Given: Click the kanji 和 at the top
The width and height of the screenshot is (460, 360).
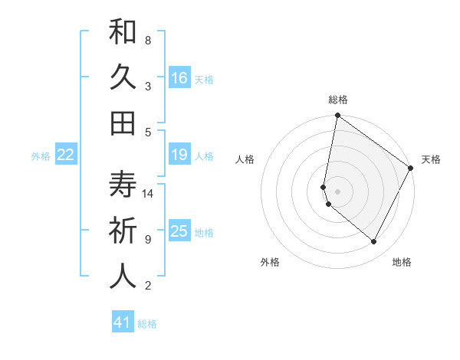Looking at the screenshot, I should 123,34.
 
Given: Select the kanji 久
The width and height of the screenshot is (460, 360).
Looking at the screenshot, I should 123,78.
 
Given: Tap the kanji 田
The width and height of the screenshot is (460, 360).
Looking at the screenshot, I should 123,123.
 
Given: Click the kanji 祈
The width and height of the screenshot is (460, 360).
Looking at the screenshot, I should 123,231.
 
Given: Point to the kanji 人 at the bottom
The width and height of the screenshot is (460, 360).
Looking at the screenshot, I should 123,276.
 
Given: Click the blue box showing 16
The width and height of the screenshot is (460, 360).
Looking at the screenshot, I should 179,77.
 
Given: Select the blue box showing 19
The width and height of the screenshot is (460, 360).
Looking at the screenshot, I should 179,155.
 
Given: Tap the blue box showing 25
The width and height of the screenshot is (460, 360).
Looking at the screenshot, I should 179,231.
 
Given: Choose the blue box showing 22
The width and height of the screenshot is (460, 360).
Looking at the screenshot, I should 65,155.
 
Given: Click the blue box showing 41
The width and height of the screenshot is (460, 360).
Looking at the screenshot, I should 123,322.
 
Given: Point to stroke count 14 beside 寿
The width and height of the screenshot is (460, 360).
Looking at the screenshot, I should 149,194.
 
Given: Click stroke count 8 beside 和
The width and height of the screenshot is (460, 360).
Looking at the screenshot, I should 147,40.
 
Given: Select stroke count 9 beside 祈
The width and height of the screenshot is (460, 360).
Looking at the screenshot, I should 147,240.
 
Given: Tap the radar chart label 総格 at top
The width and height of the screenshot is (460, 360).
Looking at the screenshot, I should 338,100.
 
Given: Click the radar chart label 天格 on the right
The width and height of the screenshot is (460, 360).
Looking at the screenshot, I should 431,159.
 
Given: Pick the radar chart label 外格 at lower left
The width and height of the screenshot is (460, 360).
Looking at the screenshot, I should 270,262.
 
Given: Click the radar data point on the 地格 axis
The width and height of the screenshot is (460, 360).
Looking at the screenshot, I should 374,242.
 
